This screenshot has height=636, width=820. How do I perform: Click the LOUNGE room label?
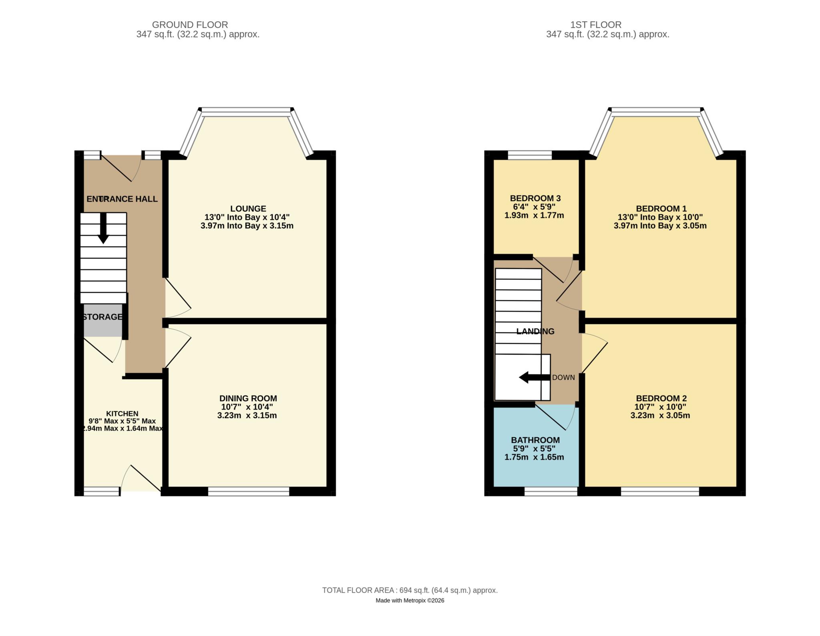coord(248,208)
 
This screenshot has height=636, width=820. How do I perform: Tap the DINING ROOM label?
coord(248,398)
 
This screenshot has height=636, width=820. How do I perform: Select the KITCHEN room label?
coord(122,414)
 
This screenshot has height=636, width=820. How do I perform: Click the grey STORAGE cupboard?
coord(102,321)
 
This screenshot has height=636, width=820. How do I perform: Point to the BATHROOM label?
coord(535,440)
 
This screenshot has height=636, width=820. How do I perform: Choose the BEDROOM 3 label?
coord(535,198)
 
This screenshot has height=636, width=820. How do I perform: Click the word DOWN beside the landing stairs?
coord(563,378)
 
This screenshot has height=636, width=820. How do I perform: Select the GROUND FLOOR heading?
coord(190,25)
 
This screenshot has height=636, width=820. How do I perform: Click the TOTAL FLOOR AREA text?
coord(410,590)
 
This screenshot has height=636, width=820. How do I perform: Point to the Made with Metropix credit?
coord(410,600)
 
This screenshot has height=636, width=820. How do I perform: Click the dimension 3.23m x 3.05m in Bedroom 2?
coord(660,416)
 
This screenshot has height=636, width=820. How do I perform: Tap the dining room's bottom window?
coord(248,492)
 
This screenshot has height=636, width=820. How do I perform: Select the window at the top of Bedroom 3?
coord(529,155)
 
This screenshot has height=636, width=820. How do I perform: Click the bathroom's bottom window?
coord(551,492)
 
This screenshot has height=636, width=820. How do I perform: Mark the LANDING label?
coord(535,331)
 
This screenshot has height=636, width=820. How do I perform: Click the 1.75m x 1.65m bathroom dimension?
coord(534,457)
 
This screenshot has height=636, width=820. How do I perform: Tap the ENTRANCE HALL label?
coord(122,199)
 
